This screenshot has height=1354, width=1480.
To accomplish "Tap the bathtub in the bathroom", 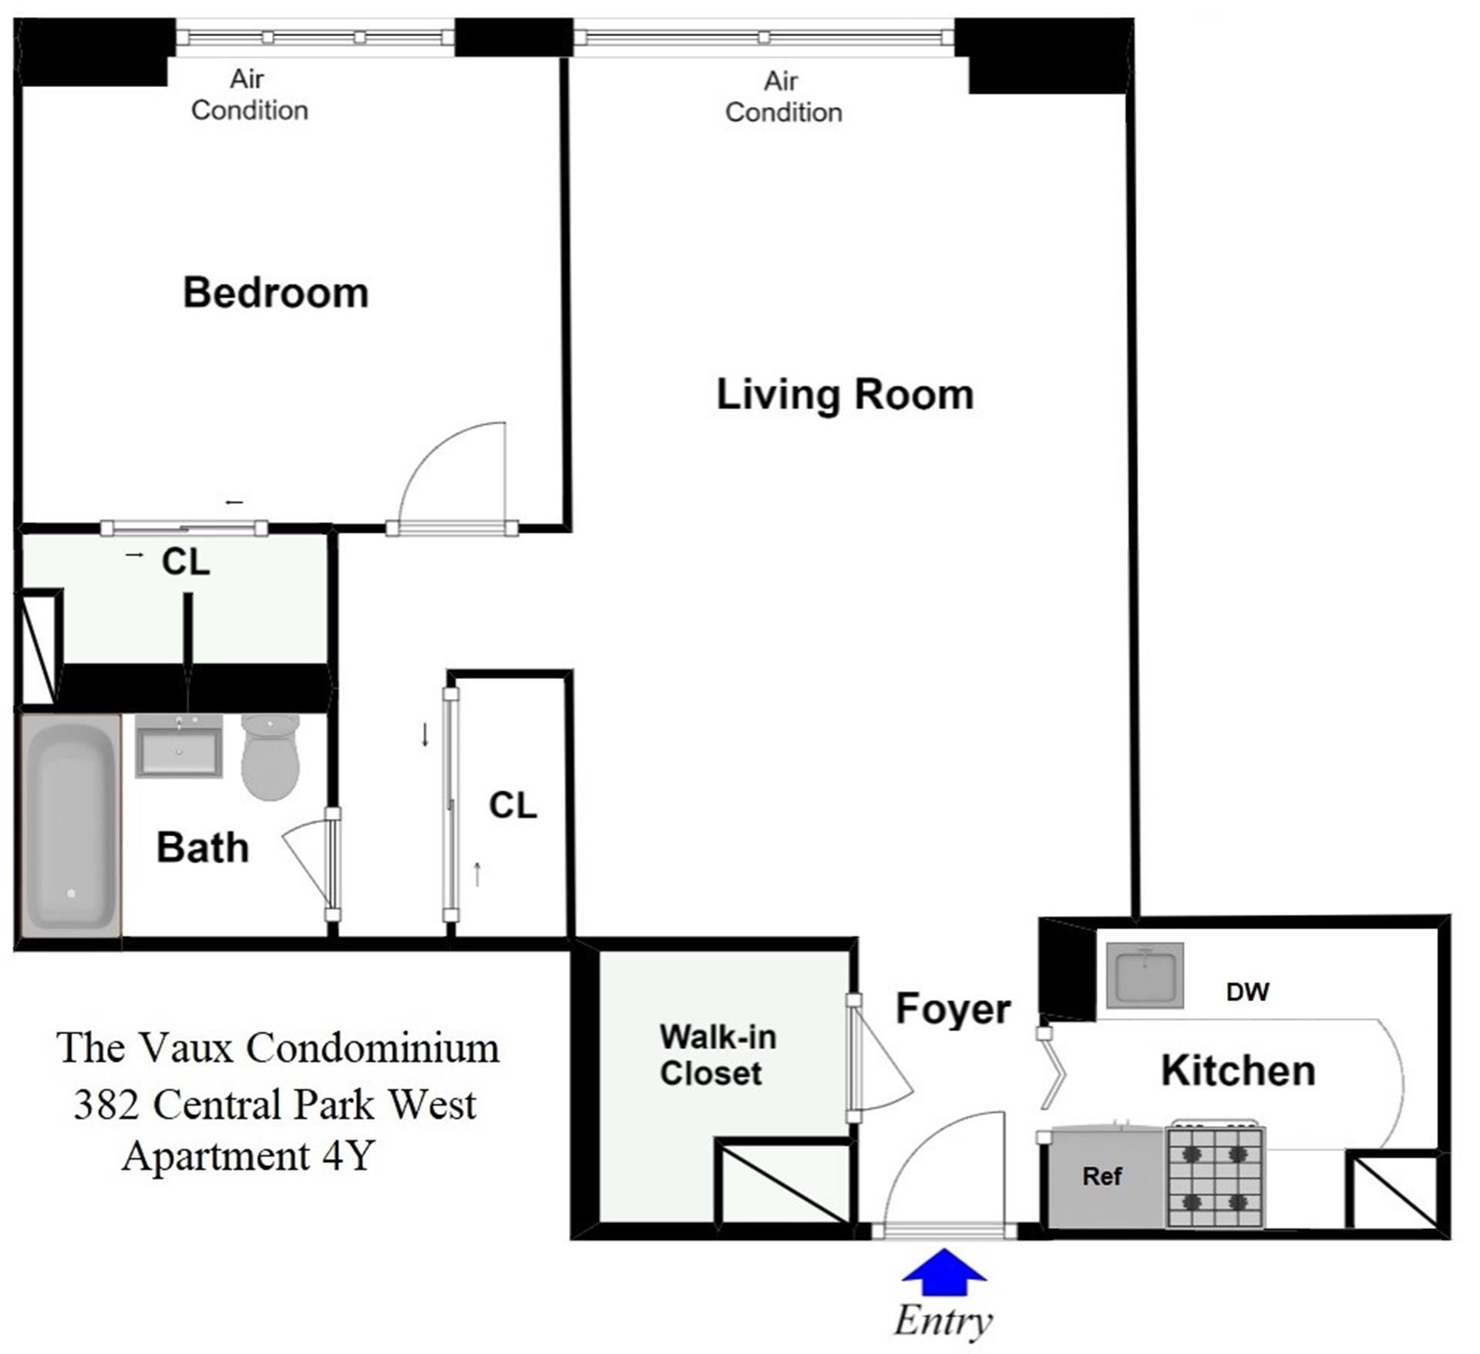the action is point(71,826).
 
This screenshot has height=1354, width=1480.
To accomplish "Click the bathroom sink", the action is point(179,745).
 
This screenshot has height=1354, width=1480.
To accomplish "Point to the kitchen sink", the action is point(1145,976).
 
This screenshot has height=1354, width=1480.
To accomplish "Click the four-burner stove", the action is point(1215,1177).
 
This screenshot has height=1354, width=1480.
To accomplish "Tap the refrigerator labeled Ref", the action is point(1102,1177).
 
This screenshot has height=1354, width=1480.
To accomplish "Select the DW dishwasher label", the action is point(1247,992).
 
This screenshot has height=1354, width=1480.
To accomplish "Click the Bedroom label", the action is point(276,293).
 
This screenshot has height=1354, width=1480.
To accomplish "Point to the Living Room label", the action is point(846,395).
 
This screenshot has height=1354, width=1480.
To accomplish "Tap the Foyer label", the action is point(953,1009).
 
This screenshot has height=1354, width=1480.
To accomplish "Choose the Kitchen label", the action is point(1238,1071).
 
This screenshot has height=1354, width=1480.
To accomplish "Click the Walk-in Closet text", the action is point(718,1055).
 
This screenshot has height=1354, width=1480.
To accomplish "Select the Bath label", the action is point(203,848).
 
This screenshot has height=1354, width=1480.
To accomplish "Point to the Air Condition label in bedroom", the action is point(249,95).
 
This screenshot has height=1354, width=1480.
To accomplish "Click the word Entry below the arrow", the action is point(943,1321).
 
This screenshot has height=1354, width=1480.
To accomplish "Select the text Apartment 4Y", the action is point(248,1156).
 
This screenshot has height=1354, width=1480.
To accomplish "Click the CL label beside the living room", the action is point(513,805).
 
